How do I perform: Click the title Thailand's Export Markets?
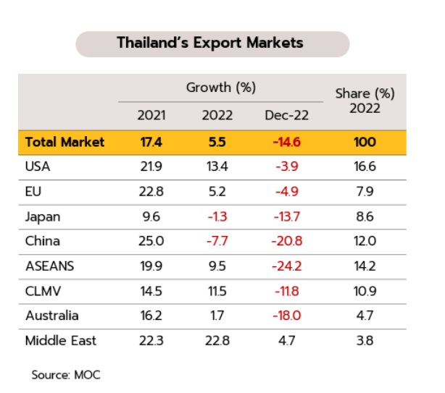210,43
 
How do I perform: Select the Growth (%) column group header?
221,88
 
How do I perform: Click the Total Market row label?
65,142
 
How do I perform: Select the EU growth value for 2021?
150,192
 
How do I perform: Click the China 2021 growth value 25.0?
150,241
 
